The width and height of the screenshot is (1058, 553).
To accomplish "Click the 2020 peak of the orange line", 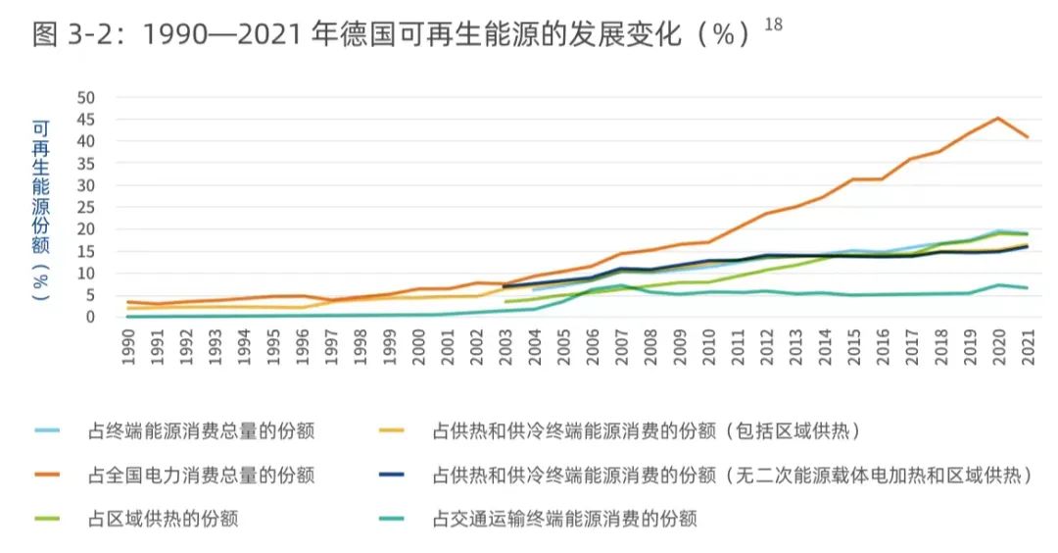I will (x=997, y=119).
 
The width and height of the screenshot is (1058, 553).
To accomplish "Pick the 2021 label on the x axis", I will (x=1029, y=348).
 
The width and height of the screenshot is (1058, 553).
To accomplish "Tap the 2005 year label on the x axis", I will (x=564, y=348).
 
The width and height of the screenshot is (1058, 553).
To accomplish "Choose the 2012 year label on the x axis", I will (x=767, y=348).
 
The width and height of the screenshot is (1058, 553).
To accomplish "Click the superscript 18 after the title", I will (x=773, y=25).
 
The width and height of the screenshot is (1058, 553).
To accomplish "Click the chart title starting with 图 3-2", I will (x=392, y=36).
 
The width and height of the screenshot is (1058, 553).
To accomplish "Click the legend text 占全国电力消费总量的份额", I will (x=201, y=476).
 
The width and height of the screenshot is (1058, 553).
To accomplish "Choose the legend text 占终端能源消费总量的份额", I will (x=201, y=430).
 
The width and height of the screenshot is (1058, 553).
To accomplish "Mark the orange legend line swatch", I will (x=48, y=476).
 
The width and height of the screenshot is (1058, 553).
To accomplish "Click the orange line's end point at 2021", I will (x=1027, y=137).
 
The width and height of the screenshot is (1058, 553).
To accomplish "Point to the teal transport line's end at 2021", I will (x=1027, y=288).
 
